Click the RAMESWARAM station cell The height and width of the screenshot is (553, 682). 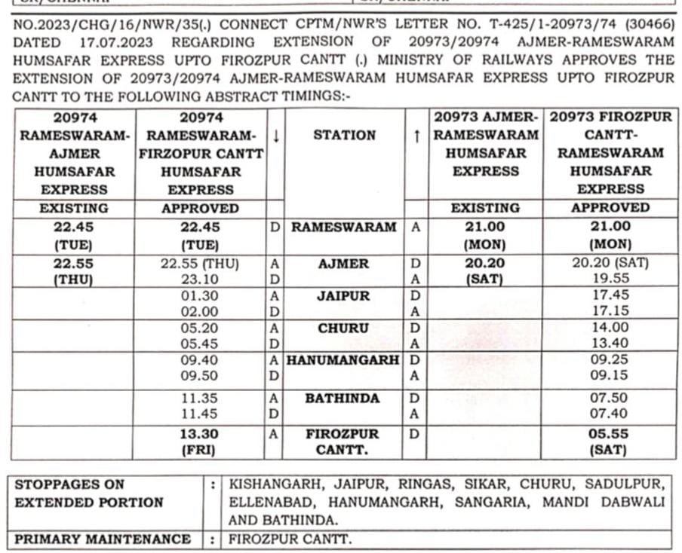[x=343, y=227]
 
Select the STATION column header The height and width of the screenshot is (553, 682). [x=344, y=136]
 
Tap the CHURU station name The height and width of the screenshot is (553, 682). [x=343, y=328]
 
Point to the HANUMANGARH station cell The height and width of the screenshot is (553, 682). [x=343, y=361]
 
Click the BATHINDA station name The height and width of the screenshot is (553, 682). [x=343, y=398]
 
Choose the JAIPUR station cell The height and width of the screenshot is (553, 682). [x=343, y=296]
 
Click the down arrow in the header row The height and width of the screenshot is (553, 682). [x=276, y=136]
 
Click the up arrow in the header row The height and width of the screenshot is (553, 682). [x=416, y=136]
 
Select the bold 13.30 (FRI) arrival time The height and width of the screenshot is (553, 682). [x=200, y=442]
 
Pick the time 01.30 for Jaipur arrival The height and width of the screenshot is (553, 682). [x=200, y=296]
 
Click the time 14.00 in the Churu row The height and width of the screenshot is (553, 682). [x=609, y=328]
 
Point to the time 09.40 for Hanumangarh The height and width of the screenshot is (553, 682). [x=200, y=361]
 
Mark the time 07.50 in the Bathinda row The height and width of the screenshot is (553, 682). [x=609, y=398]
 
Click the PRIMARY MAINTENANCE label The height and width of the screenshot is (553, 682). [x=103, y=539]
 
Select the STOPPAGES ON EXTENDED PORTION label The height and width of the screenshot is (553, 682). [x=89, y=493]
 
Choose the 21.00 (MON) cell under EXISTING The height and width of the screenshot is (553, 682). [x=484, y=235]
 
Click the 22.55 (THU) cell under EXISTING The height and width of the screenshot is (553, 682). [x=74, y=271]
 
